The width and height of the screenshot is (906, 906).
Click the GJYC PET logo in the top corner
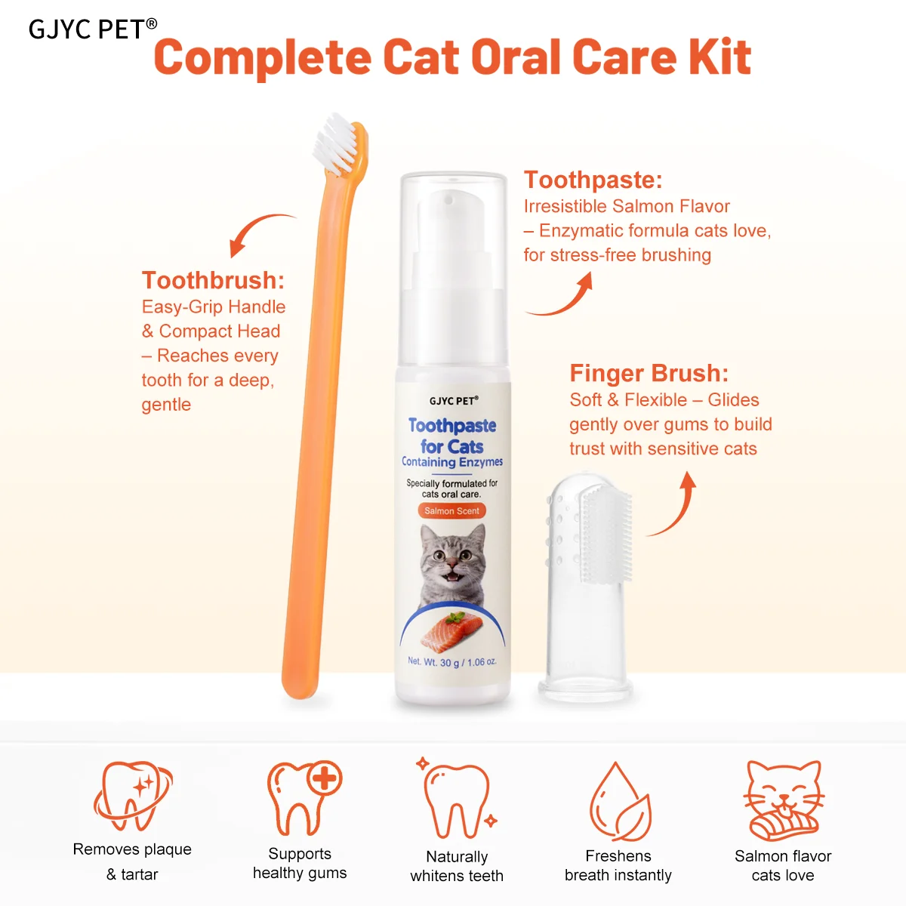tap(93, 29)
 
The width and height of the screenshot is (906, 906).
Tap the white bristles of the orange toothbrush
tap(334, 142)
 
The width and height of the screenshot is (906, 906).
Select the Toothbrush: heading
tap(213, 280)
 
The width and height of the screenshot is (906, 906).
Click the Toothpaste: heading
tap(593, 180)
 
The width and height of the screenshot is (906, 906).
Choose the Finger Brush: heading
tap(649, 373)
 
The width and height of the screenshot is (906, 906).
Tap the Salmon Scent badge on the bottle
tap(451, 510)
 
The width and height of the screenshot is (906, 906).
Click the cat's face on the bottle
tap(452, 559)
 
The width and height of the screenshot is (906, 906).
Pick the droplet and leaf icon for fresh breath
tap(621, 801)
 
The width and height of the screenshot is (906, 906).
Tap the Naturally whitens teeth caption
tap(457, 866)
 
